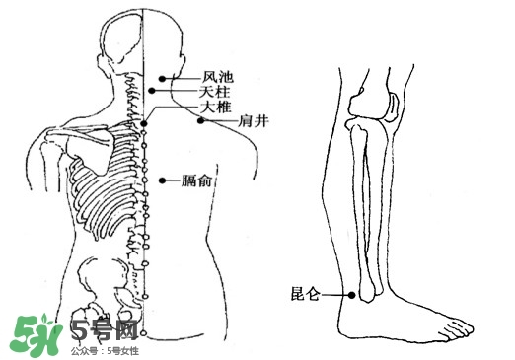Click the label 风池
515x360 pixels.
(218, 76)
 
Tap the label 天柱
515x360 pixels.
(214, 91)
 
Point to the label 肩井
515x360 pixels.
(255, 122)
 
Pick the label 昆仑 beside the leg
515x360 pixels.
(304, 293)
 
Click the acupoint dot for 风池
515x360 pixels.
(164, 76)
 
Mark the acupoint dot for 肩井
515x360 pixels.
(200, 121)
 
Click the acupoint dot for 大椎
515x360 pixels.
(144, 123)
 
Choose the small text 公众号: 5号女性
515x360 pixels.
(105, 350)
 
